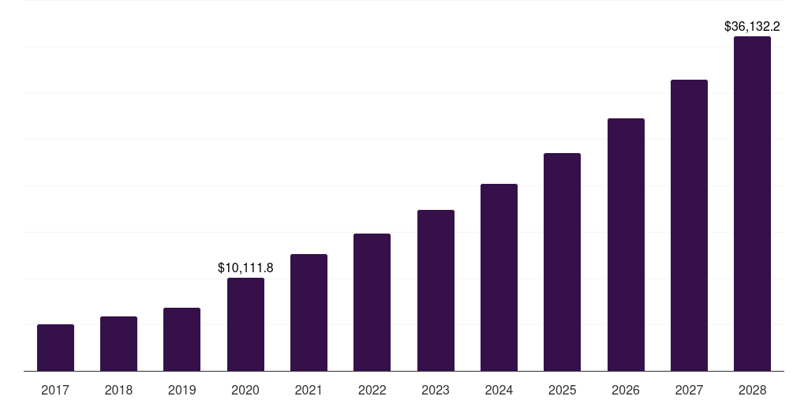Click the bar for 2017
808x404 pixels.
click(x=55, y=348)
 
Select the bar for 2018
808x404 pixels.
click(x=118, y=344)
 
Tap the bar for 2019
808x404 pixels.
click(x=181, y=339)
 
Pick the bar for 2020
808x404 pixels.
click(x=245, y=324)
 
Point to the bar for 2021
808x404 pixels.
click(x=309, y=312)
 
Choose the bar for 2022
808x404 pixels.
click(x=372, y=302)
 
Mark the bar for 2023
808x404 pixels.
click(x=436, y=290)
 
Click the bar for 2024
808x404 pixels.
click(x=499, y=277)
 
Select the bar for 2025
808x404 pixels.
click(x=562, y=262)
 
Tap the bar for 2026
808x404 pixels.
click(x=626, y=245)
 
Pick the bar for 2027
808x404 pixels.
click(x=689, y=225)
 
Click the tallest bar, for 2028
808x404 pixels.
click(x=752, y=204)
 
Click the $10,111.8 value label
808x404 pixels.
click(x=245, y=267)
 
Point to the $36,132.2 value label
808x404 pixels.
click(x=752, y=26)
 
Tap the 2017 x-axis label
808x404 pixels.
click(x=55, y=390)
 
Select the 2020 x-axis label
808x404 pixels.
click(x=245, y=390)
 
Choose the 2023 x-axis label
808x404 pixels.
click(x=436, y=390)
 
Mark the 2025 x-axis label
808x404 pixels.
click(x=562, y=390)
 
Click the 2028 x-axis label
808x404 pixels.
click(x=752, y=390)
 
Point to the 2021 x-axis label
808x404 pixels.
click(x=309, y=390)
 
